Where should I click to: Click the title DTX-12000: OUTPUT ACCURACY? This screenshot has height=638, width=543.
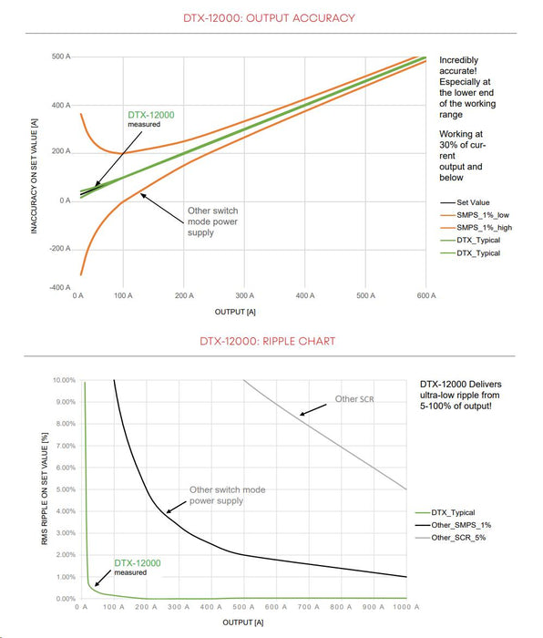coord(269,18)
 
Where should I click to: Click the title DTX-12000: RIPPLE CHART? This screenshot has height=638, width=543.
coord(268,341)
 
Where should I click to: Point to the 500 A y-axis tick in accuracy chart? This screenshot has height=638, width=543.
coord(61,57)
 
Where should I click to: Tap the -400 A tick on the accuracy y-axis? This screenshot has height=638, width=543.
coord(60,288)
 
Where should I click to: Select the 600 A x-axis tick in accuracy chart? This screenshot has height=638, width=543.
coord(426,296)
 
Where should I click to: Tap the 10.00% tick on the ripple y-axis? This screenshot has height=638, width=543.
coord(65,380)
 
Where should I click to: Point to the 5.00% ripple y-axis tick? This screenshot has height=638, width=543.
coord(66,489)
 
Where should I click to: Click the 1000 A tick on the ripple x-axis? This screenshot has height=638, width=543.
coord(406,607)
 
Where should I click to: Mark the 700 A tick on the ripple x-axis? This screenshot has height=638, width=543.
coord(308,607)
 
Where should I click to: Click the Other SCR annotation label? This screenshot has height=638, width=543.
coord(354,399)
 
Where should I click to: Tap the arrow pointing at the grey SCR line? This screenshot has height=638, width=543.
coord(313,410)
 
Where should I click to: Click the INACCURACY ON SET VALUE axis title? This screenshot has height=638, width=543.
coord(35,176)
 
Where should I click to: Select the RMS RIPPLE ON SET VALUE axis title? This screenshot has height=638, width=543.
coord(45,489)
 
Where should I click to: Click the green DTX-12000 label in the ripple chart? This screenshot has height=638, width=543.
coord(138,563)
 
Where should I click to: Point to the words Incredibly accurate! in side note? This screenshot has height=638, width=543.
coord(459,66)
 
